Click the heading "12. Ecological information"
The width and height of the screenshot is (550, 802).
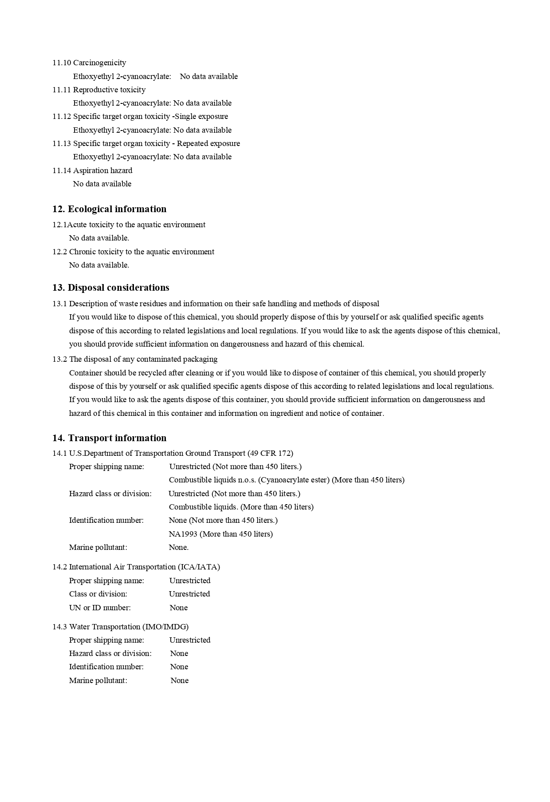coord(109,209)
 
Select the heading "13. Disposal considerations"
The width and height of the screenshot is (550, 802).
coord(110,288)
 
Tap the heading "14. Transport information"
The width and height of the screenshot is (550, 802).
coord(109,438)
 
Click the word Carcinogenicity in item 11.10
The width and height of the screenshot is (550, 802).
coord(99,63)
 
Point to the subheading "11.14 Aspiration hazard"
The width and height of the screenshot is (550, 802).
coord(92,170)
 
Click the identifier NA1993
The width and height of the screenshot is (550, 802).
coord(183,534)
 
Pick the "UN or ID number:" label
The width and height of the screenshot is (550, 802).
coord(100,608)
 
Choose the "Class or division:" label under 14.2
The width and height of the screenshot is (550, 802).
coord(98,594)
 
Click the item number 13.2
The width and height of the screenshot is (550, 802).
coord(59,359)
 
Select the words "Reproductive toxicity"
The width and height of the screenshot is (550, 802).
coord(109,90)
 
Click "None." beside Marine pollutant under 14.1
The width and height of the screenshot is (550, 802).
coord(179,547)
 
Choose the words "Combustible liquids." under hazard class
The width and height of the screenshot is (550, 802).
coord(204,507)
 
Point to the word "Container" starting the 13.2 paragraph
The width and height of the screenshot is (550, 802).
coord(86,373)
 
